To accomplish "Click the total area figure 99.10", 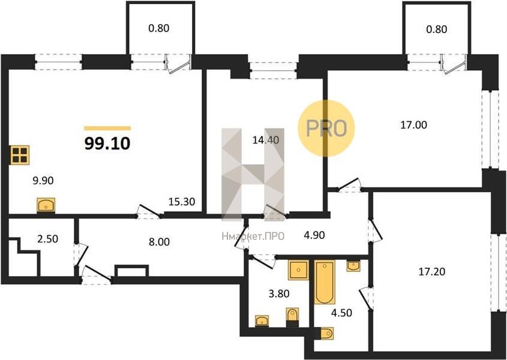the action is point(107,143).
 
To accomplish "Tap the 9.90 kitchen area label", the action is point(43,181).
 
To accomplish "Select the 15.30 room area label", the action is point(182,202).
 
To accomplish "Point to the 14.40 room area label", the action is point(265,140).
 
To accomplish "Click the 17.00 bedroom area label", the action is point(413,125).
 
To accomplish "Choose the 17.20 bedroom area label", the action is point(431,272).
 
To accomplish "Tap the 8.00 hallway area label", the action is point(159,242).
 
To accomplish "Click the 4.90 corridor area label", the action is point(314,235).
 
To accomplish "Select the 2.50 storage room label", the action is point(48,239).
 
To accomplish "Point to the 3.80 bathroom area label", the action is point(279,293).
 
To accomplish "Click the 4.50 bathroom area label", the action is point(341,313).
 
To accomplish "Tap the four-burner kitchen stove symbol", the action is point(20,155).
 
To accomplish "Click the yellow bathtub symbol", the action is point(325,283).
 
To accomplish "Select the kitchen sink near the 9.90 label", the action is point(46,205).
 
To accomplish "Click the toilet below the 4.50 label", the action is point(327,334).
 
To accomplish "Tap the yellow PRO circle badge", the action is point(326,128).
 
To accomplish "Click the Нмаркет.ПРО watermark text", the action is point(253,236).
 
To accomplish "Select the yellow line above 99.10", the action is point(107,128).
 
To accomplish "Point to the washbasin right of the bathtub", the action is point(353,266).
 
